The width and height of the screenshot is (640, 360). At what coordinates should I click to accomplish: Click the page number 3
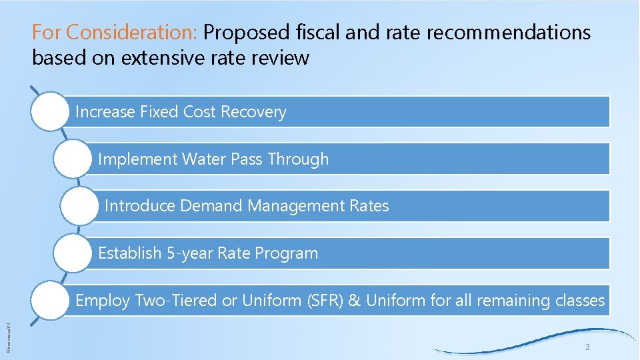point(587,347)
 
